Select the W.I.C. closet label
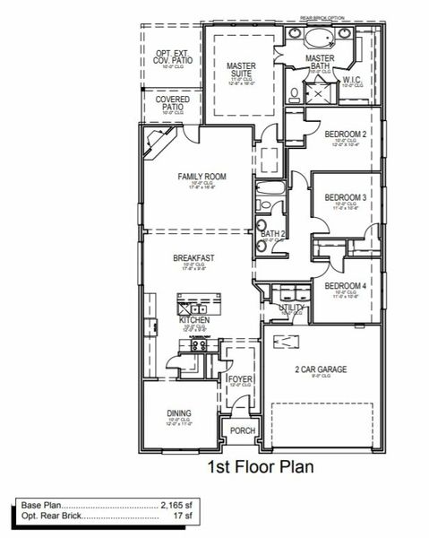(352, 79)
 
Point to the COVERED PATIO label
(172, 103)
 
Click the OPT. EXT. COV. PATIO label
(172, 57)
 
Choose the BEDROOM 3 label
(345, 197)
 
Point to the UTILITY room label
(292, 308)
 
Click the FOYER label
(240, 379)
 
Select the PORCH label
(243, 430)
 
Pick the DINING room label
(179, 413)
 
